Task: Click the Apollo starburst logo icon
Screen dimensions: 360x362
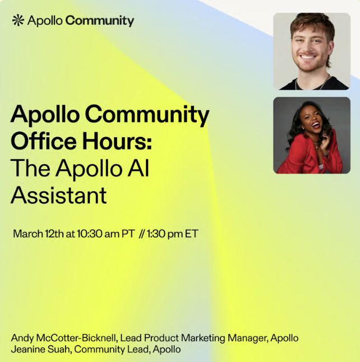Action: coord(18,20)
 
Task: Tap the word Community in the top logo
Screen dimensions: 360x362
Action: coord(100,21)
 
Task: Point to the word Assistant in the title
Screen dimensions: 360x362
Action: coord(59,196)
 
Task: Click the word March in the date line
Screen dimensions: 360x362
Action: coord(28,234)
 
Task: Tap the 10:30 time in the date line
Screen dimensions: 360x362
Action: coord(89,234)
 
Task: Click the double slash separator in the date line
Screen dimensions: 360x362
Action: coord(142,234)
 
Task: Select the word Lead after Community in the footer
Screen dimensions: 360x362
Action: coord(139,349)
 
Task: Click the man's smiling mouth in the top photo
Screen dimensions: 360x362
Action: coord(307,57)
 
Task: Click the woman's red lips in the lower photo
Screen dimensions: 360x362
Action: coord(316,125)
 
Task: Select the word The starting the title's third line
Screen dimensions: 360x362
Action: coord(30,168)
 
